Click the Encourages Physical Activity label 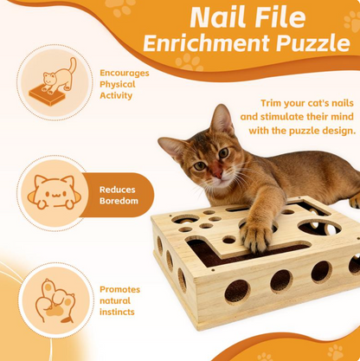124,84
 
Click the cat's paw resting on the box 256,230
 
